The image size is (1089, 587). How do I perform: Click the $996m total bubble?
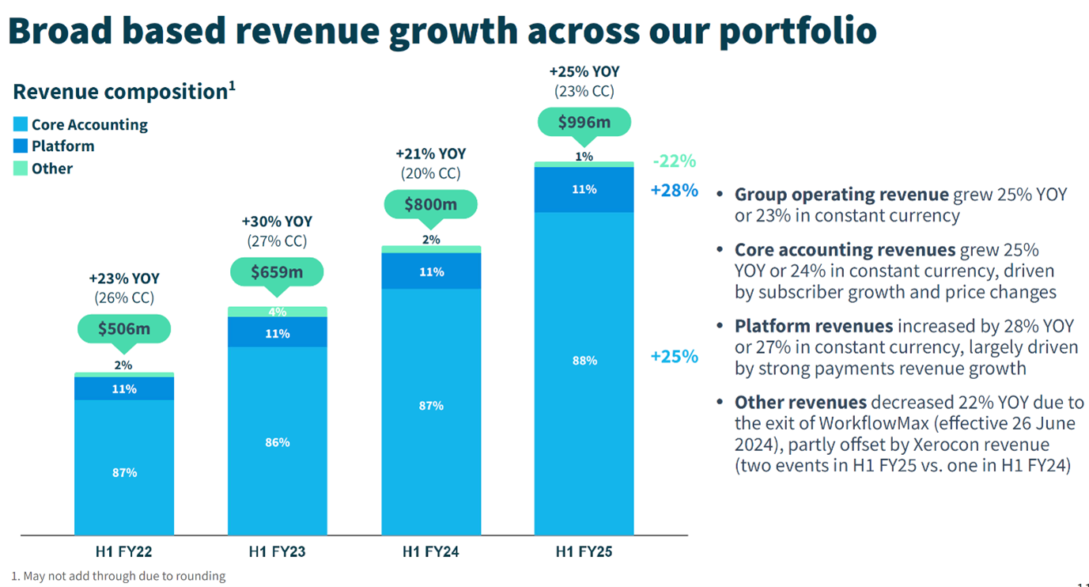[584, 122]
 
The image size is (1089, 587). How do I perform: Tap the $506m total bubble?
[124, 328]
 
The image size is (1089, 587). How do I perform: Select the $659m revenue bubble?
[277, 271]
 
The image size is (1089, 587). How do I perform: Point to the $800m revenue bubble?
[430, 204]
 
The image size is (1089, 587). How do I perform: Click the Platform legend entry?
[62, 146]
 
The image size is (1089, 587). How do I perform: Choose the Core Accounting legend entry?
[89, 124]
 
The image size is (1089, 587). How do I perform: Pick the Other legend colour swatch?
[21, 169]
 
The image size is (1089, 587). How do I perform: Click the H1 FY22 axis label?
[124, 551]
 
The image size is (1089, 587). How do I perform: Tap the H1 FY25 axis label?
[584, 551]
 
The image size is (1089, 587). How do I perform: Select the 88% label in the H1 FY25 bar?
[584, 361]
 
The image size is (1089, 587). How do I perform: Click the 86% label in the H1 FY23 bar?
[277, 442]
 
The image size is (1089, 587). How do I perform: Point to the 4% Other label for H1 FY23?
[277, 312]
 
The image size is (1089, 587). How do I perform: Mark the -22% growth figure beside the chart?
[674, 161]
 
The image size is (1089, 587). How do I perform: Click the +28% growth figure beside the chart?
[674, 190]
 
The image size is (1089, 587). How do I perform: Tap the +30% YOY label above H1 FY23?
[277, 222]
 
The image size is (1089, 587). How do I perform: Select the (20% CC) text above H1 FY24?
[430, 173]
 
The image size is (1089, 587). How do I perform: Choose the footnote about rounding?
[119, 576]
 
